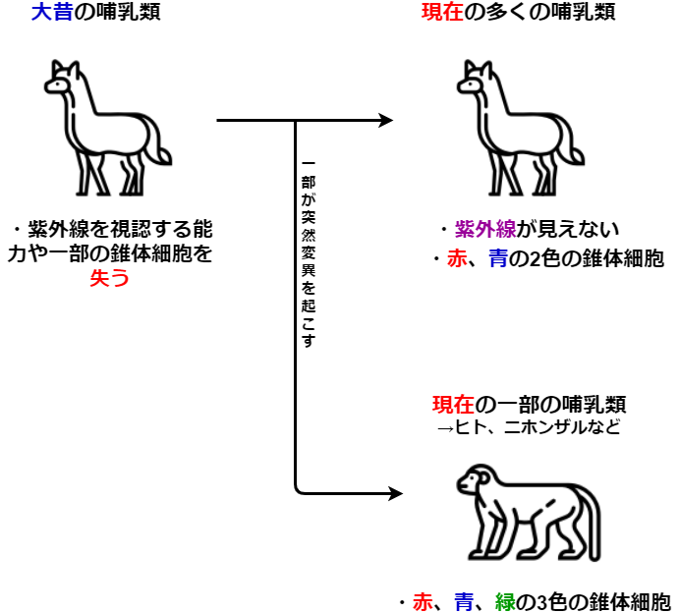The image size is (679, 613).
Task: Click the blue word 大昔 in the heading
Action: (x=52, y=12)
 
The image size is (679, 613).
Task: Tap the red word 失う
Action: (x=109, y=277)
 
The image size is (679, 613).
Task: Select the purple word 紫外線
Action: (x=485, y=229)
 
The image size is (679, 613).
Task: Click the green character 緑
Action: (x=505, y=602)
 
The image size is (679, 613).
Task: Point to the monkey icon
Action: (x=529, y=513)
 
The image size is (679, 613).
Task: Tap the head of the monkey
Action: (x=474, y=479)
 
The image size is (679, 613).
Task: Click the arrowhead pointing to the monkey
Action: (x=395, y=493)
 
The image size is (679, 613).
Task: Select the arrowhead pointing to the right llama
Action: (x=385, y=120)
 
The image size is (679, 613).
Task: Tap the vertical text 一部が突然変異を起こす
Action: (x=309, y=254)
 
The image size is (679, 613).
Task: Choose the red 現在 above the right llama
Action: (x=442, y=12)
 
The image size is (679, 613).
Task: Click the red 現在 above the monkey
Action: (x=453, y=405)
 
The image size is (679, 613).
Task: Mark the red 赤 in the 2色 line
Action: (x=457, y=258)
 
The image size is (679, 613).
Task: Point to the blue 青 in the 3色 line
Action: (x=464, y=602)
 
